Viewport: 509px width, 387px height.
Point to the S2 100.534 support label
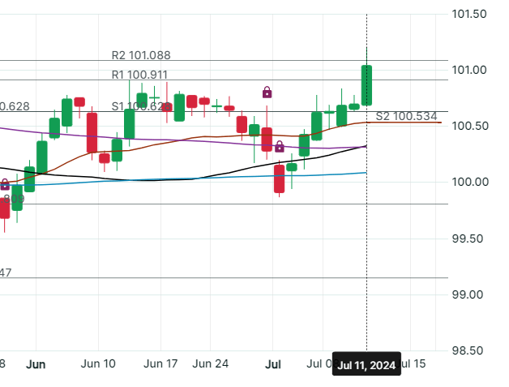point(406,116)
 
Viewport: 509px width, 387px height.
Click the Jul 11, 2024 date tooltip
point(366,365)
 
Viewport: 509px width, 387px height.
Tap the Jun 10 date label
point(100,364)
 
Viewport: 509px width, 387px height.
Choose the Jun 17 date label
point(160,364)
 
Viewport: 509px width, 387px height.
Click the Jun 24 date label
point(213,364)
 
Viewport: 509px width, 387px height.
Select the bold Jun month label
point(35,364)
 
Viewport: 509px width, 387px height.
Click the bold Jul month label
point(274,364)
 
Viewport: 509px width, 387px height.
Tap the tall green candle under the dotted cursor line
point(366,85)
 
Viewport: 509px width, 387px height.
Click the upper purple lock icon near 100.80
point(267,92)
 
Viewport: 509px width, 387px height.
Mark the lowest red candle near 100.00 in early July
point(279,178)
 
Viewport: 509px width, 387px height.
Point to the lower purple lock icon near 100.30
point(279,146)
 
